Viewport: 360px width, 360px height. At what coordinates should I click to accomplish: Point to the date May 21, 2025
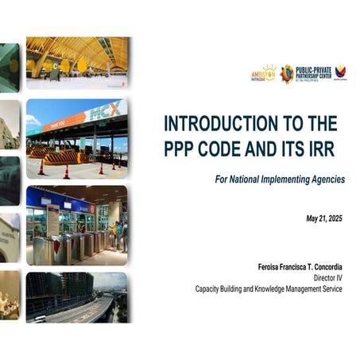(324, 218)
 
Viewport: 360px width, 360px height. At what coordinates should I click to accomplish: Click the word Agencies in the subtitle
(327, 180)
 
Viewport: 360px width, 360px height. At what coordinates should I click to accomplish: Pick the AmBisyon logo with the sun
(263, 74)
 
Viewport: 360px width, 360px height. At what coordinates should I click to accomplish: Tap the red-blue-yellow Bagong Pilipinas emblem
(340, 73)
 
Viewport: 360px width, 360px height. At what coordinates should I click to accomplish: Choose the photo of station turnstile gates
(76, 225)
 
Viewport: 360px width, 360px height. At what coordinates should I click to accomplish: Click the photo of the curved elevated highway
(76, 297)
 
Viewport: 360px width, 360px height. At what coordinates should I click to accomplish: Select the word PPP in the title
(180, 149)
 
